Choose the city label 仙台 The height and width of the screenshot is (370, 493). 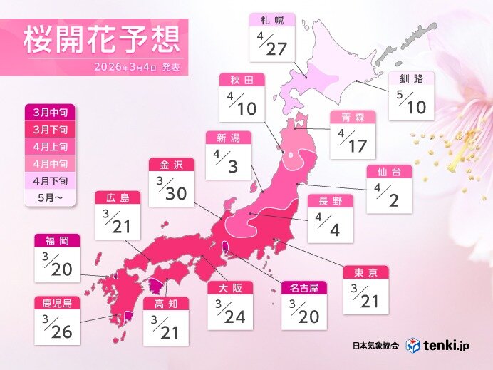(x=389, y=172)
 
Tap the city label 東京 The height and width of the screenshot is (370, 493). (x=365, y=272)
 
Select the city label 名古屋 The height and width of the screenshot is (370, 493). (x=304, y=289)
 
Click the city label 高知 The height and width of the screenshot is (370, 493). (x=166, y=303)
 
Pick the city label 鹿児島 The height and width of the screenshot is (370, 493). (x=57, y=303)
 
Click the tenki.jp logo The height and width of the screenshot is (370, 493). (x=441, y=345)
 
